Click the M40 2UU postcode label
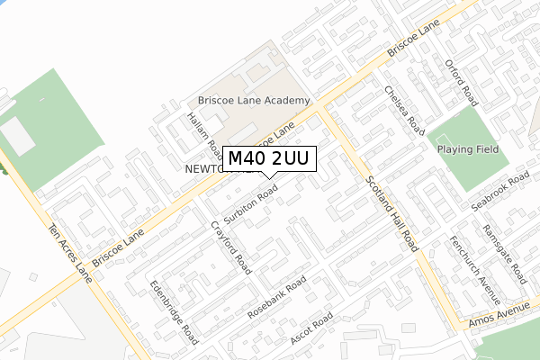click(268, 158)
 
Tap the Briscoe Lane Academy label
click(254, 101)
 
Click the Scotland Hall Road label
click(392, 211)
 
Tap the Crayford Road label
click(230, 246)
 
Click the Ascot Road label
click(311, 330)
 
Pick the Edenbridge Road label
click(174, 310)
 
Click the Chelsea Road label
click(402, 110)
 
